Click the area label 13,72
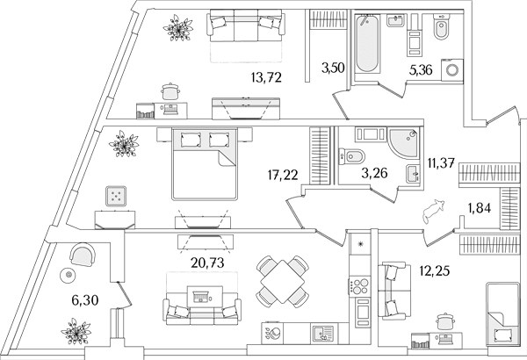(266, 78)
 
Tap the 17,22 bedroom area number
(283, 175)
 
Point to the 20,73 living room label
(207, 263)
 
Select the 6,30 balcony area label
(85, 300)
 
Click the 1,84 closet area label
(480, 208)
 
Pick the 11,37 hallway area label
(441, 163)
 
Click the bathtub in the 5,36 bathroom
(367, 44)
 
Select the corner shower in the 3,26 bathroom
(404, 142)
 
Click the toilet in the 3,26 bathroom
(352, 156)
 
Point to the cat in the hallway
(434, 211)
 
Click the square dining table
(283, 281)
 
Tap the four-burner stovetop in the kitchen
(359, 286)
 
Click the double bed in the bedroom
(205, 163)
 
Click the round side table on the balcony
(69, 276)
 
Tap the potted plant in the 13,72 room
(178, 27)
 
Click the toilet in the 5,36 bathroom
(441, 27)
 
